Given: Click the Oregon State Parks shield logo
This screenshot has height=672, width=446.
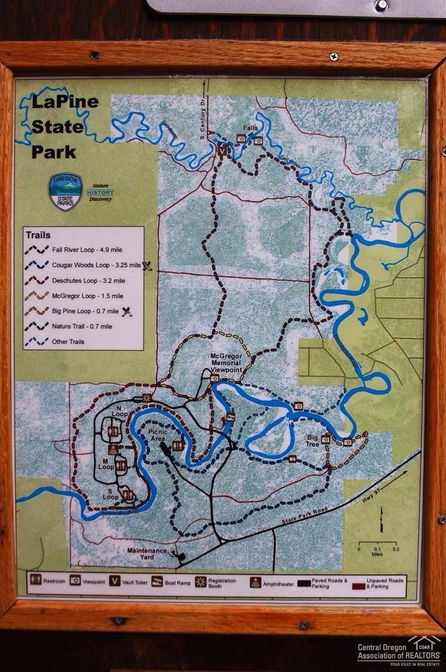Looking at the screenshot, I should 65,191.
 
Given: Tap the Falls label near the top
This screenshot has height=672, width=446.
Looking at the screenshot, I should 251,129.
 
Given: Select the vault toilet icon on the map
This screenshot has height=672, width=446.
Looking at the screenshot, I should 222,150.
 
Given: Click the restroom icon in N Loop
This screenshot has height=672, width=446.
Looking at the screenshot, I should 113,432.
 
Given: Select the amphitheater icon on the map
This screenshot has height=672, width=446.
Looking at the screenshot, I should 113,450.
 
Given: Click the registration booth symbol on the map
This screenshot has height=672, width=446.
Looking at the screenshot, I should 147,398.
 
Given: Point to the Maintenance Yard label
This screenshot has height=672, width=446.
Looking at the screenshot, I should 148,554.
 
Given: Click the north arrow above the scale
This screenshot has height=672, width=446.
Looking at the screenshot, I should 381,520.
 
